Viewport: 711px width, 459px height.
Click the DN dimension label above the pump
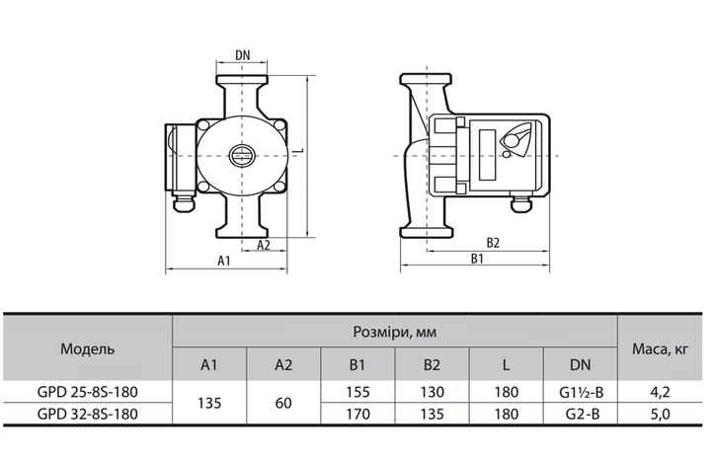243,55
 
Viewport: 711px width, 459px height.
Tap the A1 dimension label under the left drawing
224,261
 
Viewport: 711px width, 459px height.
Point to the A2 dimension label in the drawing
264,245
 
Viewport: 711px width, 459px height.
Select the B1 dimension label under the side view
477,259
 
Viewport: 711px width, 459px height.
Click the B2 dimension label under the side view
493,243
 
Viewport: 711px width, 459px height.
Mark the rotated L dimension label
301,151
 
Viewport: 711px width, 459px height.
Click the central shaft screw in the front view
242,155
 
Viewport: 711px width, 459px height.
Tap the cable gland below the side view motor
521,202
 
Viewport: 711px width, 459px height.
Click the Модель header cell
88,348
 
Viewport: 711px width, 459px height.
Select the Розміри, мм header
394,332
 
